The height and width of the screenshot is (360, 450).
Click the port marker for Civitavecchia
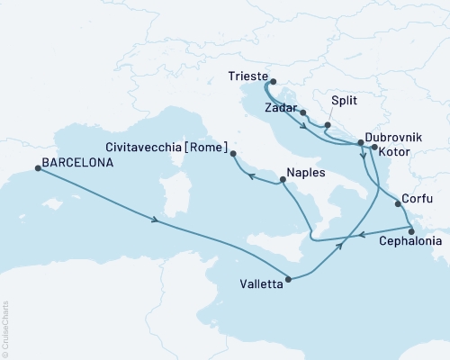click(x=232, y=155)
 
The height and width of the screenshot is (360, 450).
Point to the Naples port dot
click(x=283, y=180)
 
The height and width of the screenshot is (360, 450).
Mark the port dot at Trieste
click(x=267, y=80)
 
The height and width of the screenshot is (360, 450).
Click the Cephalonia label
click(x=410, y=242)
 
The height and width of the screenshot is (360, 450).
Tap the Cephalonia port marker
click(x=411, y=230)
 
